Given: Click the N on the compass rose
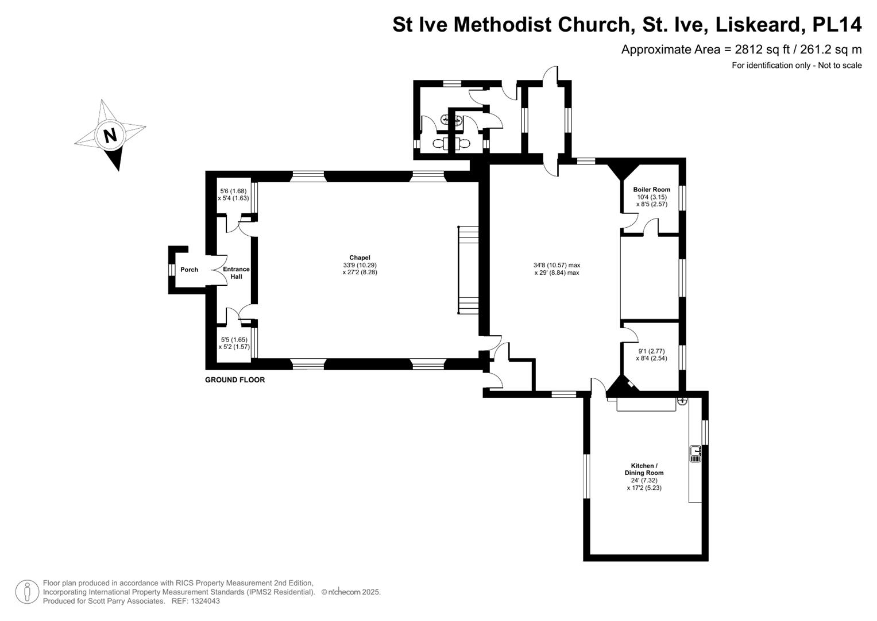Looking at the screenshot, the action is point(110,135).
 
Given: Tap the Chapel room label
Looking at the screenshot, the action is point(360,258).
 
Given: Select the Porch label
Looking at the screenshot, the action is point(189,270).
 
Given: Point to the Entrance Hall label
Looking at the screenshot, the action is point(236,273).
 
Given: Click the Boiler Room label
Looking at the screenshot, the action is point(651,189).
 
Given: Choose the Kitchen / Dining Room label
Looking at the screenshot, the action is point(644,469).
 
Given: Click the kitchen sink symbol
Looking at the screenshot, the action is point(696,454).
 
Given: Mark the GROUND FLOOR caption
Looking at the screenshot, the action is point(235,379).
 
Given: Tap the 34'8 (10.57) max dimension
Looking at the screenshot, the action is point(557,265).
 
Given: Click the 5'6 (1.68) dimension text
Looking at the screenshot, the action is point(233,191).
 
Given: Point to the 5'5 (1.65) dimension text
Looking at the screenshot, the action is point(234,339).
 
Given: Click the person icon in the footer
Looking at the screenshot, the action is point(27,592).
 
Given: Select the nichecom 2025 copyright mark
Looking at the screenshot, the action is point(351,592).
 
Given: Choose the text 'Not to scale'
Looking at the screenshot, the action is point(840,66).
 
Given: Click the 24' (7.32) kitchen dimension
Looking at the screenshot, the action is point(644,480).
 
